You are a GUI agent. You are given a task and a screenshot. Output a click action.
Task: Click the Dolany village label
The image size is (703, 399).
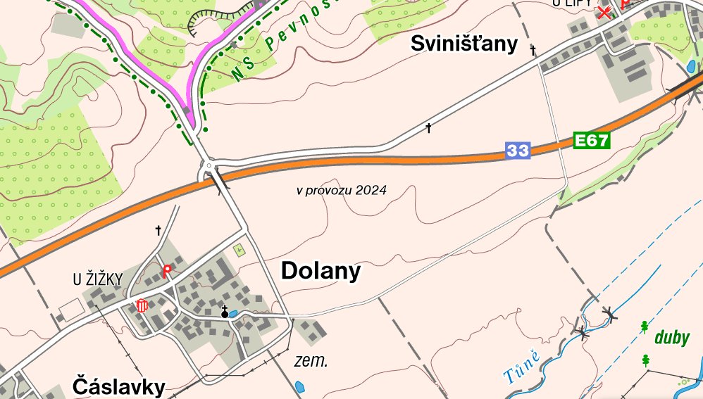[321, 272]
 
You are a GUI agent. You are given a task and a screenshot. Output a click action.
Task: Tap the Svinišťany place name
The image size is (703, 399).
[464, 45]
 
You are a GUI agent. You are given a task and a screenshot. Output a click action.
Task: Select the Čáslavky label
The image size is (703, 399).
[119, 386]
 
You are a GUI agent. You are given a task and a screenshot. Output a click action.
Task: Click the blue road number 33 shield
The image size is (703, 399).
[517, 150]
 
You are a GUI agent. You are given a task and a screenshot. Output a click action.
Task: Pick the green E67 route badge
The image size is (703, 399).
[590, 141]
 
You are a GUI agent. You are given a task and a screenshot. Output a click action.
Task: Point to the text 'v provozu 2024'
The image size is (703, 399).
[341, 190]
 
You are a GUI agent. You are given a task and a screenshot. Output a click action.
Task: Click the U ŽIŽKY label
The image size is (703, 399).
[97, 280]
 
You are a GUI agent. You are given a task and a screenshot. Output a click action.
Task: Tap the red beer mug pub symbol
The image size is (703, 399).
[142, 305]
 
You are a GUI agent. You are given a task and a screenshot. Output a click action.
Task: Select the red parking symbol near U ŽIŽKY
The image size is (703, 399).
[167, 271]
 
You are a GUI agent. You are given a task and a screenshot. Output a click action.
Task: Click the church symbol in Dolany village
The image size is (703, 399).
[225, 312]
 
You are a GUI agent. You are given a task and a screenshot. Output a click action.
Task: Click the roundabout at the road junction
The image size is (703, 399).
[209, 167]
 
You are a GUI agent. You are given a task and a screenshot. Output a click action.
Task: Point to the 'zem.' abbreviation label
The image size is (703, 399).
[311, 362]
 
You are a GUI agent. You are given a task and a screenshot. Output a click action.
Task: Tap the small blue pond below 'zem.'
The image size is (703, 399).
[300, 386]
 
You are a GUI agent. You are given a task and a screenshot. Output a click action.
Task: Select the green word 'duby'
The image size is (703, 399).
[672, 338]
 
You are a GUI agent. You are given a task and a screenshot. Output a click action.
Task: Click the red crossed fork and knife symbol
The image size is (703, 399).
[604, 12]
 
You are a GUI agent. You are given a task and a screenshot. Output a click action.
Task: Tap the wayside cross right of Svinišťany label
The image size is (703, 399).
[533, 50]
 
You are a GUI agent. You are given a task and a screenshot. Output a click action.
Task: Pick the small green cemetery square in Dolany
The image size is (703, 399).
[238, 249]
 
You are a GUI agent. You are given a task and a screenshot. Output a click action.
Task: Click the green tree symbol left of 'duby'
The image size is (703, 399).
[645, 327]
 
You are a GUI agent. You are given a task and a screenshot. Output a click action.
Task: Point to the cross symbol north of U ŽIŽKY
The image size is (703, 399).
[158, 230]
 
